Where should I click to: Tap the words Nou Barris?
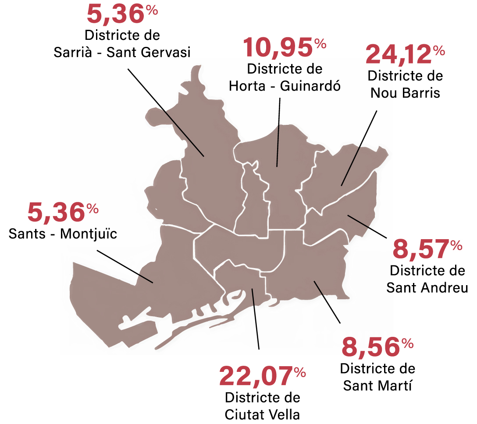405,93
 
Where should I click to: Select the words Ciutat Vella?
262,414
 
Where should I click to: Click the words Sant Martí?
377,385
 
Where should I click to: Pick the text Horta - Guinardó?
285,85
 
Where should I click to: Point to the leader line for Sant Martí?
327,302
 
